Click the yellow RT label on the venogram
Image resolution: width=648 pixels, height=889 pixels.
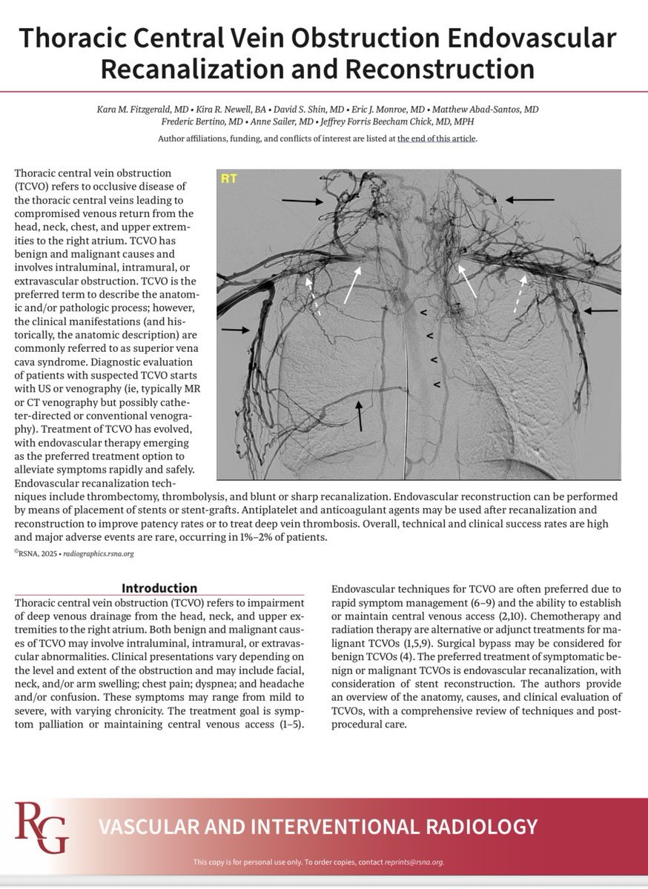pyautogui.click(x=229, y=179)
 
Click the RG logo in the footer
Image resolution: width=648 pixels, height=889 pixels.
pyautogui.click(x=42, y=828)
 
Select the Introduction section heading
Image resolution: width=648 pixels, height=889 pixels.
pyautogui.click(x=159, y=588)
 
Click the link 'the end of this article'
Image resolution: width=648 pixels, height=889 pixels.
pyautogui.click(x=437, y=139)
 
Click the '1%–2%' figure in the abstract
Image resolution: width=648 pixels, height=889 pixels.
pyautogui.click(x=285, y=537)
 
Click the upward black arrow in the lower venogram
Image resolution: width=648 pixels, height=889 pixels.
pyautogui.click(x=360, y=415)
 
